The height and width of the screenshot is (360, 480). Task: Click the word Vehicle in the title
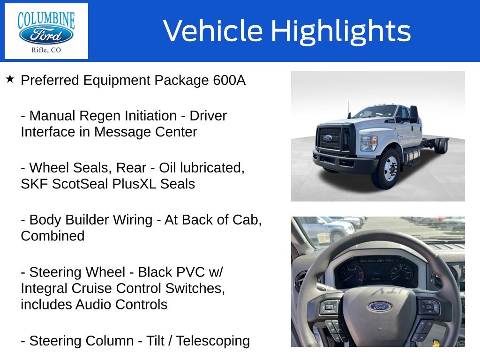pos(213,30)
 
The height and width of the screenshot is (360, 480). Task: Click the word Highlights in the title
pos(341,31)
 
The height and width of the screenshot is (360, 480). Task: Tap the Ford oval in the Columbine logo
pos(46,35)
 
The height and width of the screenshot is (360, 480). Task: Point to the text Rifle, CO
pos(46,50)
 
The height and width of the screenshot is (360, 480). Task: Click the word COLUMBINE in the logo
pos(46,19)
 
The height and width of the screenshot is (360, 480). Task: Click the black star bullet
pos(10,79)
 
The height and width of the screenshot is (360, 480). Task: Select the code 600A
pos(229,80)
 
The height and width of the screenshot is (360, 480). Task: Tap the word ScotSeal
pos(80,184)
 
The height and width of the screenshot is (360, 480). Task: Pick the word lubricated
pos(212,168)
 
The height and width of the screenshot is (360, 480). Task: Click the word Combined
pos(52,236)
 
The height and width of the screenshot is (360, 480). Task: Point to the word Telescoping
pos(213,341)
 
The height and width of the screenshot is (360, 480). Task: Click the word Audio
pos(94,305)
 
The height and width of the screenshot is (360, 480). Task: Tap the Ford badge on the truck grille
pos(327,138)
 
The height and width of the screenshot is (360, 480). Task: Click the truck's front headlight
pos(369,143)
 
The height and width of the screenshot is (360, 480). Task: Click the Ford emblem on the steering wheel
pos(379,307)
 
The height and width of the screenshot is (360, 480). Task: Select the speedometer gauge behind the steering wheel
pos(402,272)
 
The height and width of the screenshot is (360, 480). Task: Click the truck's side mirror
pos(413,113)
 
